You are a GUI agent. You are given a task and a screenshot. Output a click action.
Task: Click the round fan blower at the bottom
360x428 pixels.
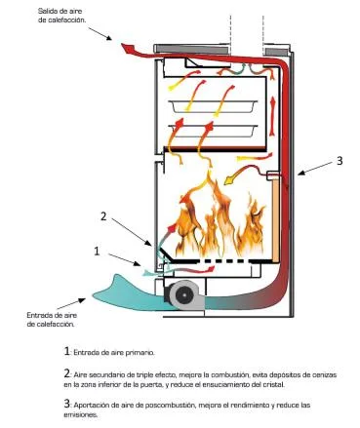coord(183,294)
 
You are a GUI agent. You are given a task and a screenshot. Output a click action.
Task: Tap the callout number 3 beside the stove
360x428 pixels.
coord(340,161)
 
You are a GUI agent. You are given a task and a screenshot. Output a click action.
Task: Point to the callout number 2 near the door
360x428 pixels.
coord(103,216)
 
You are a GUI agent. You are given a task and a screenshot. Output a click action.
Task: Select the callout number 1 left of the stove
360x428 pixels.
coord(97,251)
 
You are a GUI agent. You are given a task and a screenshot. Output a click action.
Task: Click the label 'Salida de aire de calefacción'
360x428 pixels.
coord(62,16)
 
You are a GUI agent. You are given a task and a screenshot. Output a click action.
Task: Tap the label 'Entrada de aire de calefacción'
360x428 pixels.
coord(52,320)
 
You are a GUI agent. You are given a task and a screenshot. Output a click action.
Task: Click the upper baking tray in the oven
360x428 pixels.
coord(213,106)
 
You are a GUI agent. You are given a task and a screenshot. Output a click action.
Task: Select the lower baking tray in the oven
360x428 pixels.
coord(213,131)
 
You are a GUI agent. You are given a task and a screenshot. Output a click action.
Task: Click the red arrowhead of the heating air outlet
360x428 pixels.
coord(128,49)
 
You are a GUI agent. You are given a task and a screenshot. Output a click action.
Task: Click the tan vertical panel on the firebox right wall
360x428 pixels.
coord(276,220)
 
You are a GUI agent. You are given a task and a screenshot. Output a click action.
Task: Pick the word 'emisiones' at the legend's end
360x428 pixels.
coord(80,415)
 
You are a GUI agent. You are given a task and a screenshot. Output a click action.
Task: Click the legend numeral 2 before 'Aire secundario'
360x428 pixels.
coord(66,374)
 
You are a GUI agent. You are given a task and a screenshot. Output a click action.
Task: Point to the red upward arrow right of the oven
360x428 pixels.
coord(272,116)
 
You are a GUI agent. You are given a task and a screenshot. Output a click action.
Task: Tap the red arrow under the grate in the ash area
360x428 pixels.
coord(194,269)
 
